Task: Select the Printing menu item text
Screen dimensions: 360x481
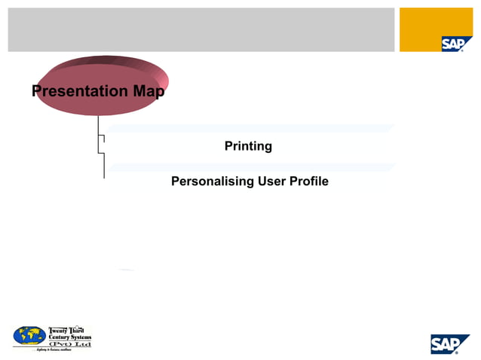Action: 248,146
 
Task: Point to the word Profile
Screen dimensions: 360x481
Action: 309,182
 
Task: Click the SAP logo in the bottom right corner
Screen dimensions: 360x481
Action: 450,343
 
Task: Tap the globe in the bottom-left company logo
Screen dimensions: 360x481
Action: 29,335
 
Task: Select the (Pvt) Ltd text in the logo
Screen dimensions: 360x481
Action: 69,343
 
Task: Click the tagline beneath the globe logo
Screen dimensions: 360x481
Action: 52,351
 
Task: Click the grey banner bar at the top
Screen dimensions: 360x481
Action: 201,29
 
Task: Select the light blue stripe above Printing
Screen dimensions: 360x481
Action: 249,129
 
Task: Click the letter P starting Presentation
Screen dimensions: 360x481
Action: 36,92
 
